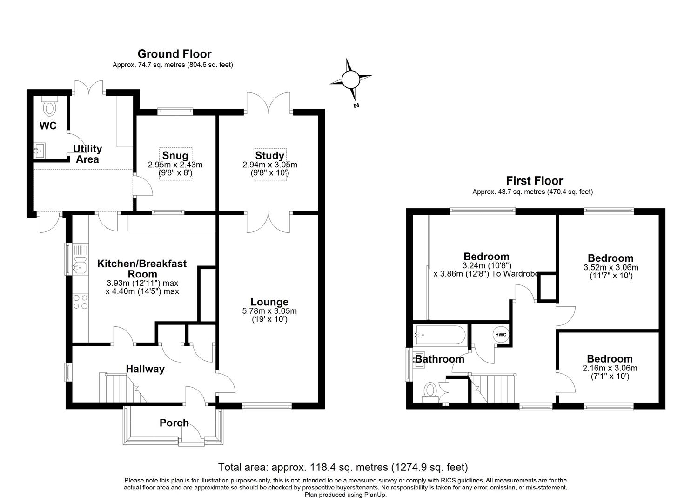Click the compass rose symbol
coord(350,79)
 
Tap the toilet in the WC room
coord(49,107)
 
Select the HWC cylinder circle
coord(500,335)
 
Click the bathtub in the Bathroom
coord(439,335)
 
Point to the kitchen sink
coord(80,266)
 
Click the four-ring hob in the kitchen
coord(80,302)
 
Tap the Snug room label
coord(175,156)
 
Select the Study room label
coord(269,156)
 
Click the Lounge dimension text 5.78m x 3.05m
coord(269,311)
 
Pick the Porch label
coord(174,423)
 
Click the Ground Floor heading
coord(174,54)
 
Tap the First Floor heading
coord(534,181)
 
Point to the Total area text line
coord(343,467)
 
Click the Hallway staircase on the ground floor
coord(120,387)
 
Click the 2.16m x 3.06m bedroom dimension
coord(610,368)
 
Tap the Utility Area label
coord(87,154)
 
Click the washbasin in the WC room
coord(40,150)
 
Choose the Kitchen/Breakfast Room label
coord(141,268)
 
